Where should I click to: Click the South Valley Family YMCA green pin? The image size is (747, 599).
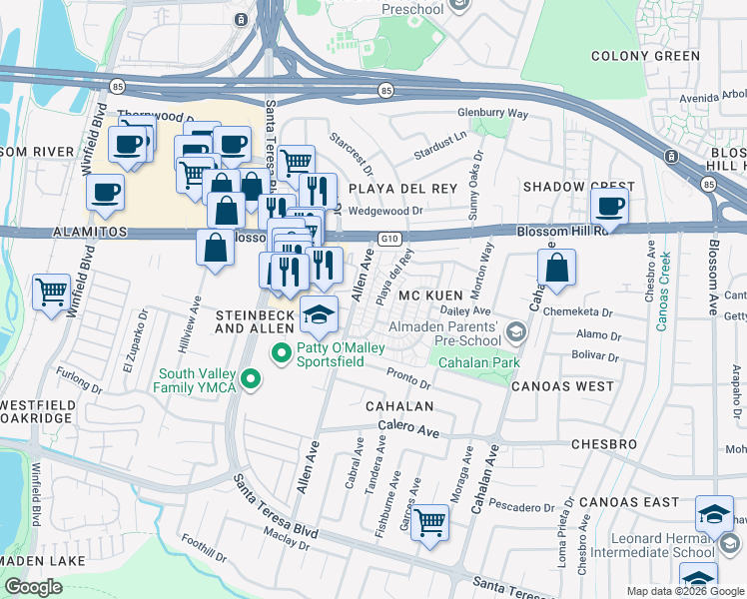click(x=252, y=379)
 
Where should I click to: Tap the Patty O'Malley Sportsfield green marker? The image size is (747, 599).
click(x=282, y=352)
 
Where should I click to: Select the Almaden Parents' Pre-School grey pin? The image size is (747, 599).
click(x=515, y=331)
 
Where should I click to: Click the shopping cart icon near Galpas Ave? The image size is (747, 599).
click(x=429, y=521)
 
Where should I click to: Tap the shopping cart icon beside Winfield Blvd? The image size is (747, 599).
click(x=51, y=293)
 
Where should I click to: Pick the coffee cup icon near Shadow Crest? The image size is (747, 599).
click(x=609, y=207)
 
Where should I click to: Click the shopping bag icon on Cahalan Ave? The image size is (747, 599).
click(x=556, y=268)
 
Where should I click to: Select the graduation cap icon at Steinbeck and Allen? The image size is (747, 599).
click(x=320, y=315)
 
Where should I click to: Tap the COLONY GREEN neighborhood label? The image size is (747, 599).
click(x=646, y=56)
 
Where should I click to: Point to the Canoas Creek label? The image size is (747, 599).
click(x=665, y=291)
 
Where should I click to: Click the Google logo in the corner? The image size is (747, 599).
click(x=34, y=587)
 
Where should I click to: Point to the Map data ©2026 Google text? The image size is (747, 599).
click(x=684, y=591)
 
